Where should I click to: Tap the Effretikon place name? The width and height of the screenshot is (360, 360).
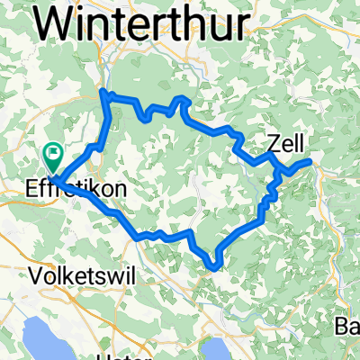pos(77,191)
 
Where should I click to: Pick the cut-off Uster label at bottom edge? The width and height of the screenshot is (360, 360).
pos(117,356)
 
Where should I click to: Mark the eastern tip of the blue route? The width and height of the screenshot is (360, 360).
pos(311,160)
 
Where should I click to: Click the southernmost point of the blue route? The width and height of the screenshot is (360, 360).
pos(213,266)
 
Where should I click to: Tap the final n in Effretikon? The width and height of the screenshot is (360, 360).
pos(122,191)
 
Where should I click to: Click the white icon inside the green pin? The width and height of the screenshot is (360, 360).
pos(53,154)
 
